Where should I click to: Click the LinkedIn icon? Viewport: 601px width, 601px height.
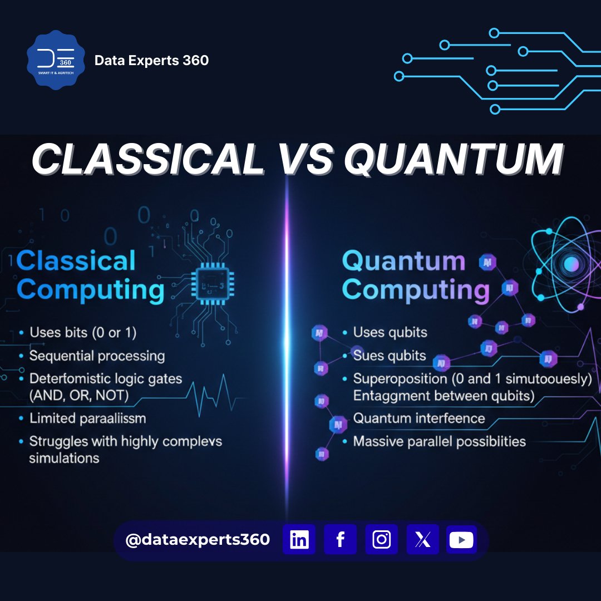pyautogui.click(x=299, y=539)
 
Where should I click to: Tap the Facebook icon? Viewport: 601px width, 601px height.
pyautogui.click(x=340, y=539)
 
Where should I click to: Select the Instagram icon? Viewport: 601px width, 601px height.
pyautogui.click(x=382, y=539)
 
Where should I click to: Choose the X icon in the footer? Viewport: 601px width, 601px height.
pyautogui.click(x=422, y=539)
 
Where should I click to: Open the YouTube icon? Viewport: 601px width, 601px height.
pyautogui.click(x=461, y=539)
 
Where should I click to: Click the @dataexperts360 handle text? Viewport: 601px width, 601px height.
pyautogui.click(x=198, y=539)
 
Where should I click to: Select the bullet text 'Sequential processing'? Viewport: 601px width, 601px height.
pyautogui.click(x=97, y=356)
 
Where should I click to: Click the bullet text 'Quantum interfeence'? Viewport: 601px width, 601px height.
pyautogui.click(x=419, y=418)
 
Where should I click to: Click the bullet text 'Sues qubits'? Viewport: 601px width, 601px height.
pyautogui.click(x=390, y=356)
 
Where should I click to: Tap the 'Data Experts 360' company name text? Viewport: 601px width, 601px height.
pyautogui.click(x=151, y=60)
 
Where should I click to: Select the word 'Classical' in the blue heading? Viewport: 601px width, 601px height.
pyautogui.click(x=76, y=261)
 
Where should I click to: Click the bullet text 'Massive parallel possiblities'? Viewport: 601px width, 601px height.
pyautogui.click(x=440, y=442)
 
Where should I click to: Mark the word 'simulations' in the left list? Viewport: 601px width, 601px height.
pyautogui.click(x=64, y=458)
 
